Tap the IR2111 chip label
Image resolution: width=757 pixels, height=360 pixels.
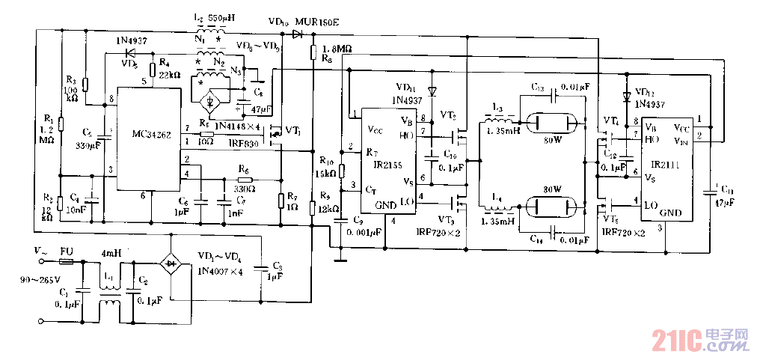tap(666, 162)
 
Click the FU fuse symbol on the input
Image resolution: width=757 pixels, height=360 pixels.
tap(66, 254)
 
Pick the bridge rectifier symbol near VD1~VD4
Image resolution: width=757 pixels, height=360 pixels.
tap(171, 263)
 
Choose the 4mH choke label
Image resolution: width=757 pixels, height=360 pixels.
tap(111, 253)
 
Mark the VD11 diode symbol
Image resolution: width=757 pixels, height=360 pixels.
tap(432, 91)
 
